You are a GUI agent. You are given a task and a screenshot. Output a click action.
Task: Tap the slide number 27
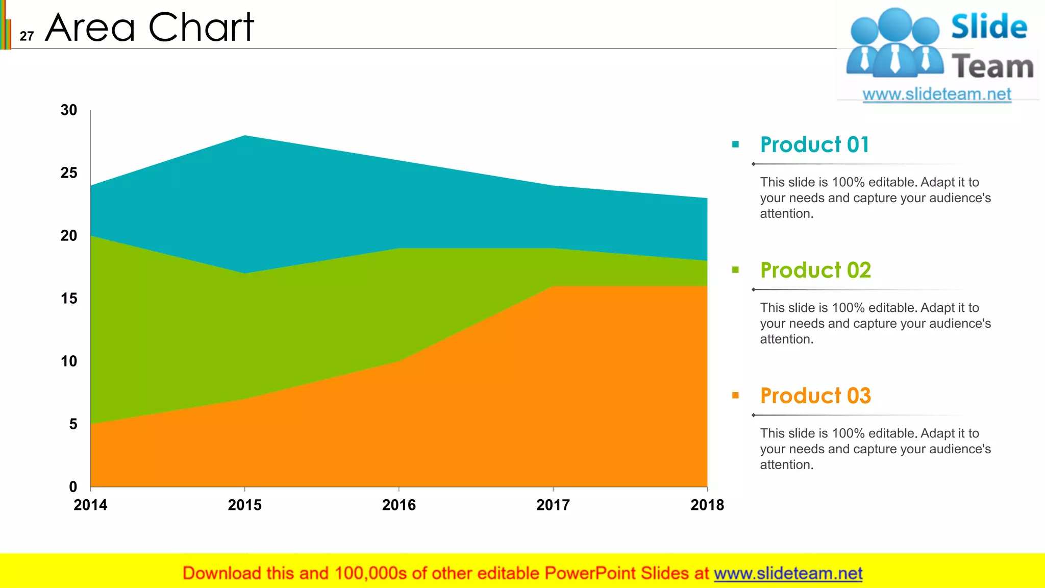pos(27,36)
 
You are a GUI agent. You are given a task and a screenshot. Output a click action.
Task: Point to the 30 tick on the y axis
pos(69,110)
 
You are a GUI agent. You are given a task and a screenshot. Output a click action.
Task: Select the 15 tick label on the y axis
pos(69,299)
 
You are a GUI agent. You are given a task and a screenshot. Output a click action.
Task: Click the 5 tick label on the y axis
pos(73,424)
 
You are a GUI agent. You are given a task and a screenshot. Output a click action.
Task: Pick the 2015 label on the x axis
pos(244,505)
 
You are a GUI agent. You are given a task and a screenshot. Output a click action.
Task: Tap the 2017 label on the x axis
pos(553,505)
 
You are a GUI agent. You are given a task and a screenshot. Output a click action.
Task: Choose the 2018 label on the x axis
pos(707,505)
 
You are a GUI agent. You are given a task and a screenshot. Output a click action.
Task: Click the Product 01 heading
pos(814,145)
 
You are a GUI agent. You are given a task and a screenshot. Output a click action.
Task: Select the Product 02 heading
pos(815,271)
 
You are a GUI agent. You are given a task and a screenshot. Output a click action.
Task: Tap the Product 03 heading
pos(815,396)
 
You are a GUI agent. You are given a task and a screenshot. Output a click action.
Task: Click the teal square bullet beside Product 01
pos(735,144)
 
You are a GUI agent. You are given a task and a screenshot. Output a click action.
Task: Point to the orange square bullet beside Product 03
pos(735,395)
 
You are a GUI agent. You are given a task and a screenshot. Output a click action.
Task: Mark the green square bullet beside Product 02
pos(735,270)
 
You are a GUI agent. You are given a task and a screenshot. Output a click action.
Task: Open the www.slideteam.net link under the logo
pos(937,94)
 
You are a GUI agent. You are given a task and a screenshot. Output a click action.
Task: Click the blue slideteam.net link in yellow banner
pos(788,574)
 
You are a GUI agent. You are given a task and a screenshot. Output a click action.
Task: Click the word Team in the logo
pos(992,67)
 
